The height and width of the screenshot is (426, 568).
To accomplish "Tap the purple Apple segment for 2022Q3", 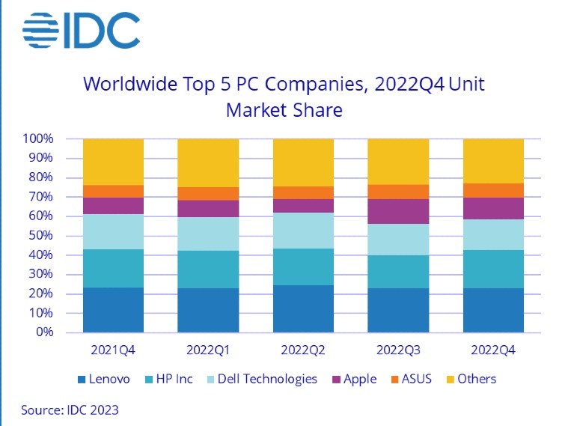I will (x=398, y=211).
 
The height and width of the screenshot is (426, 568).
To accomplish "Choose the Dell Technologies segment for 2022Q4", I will (x=493, y=234).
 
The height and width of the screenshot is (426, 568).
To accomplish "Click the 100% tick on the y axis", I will (x=38, y=139).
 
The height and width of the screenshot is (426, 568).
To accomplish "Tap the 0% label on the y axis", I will (x=44, y=332).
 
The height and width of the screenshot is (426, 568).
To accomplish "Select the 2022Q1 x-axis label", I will (x=208, y=350).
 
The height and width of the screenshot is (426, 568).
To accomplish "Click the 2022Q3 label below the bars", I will (x=398, y=350).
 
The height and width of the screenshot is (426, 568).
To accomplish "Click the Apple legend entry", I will (x=358, y=379).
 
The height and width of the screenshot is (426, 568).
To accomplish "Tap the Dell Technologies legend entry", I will (x=266, y=379).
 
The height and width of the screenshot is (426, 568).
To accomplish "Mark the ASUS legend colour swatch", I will (x=394, y=380).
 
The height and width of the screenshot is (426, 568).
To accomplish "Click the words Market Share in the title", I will (x=284, y=111).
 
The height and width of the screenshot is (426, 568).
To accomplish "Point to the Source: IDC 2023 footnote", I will (x=70, y=410).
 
